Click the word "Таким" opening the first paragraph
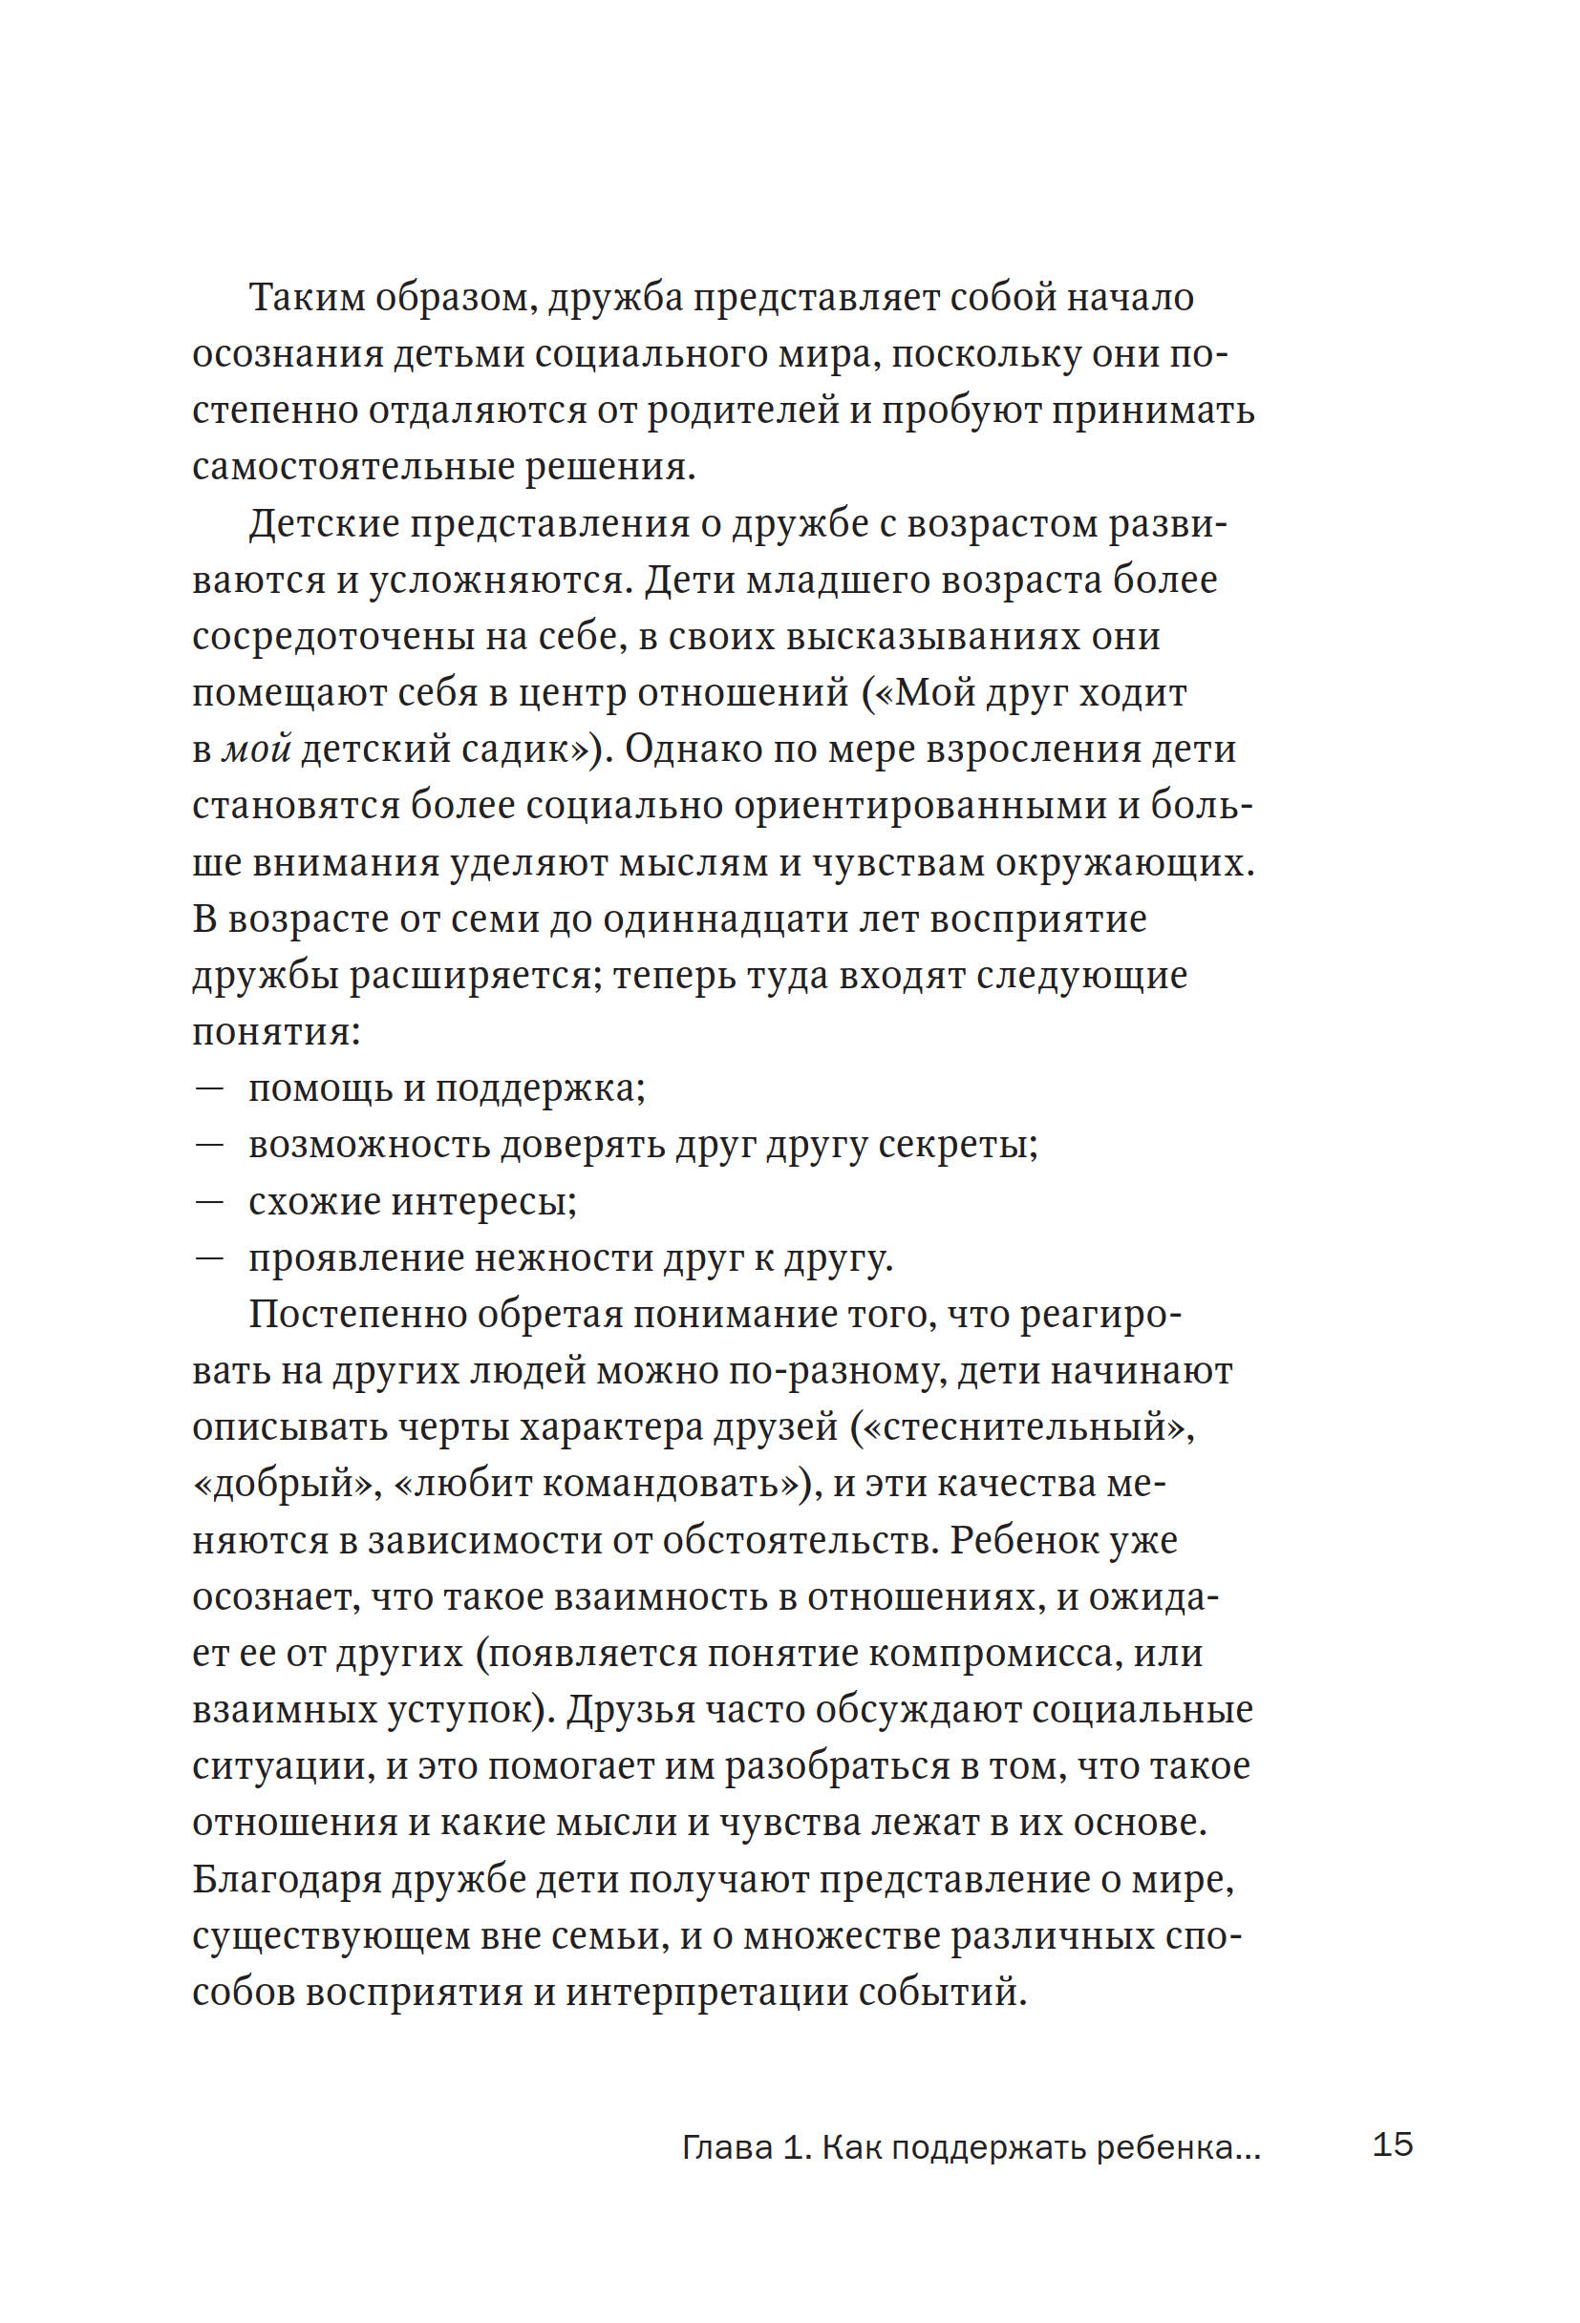307,298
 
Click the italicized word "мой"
255,750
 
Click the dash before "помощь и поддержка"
208,1088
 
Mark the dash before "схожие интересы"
208,1201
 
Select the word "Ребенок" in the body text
1022,1540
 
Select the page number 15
1392,2145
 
